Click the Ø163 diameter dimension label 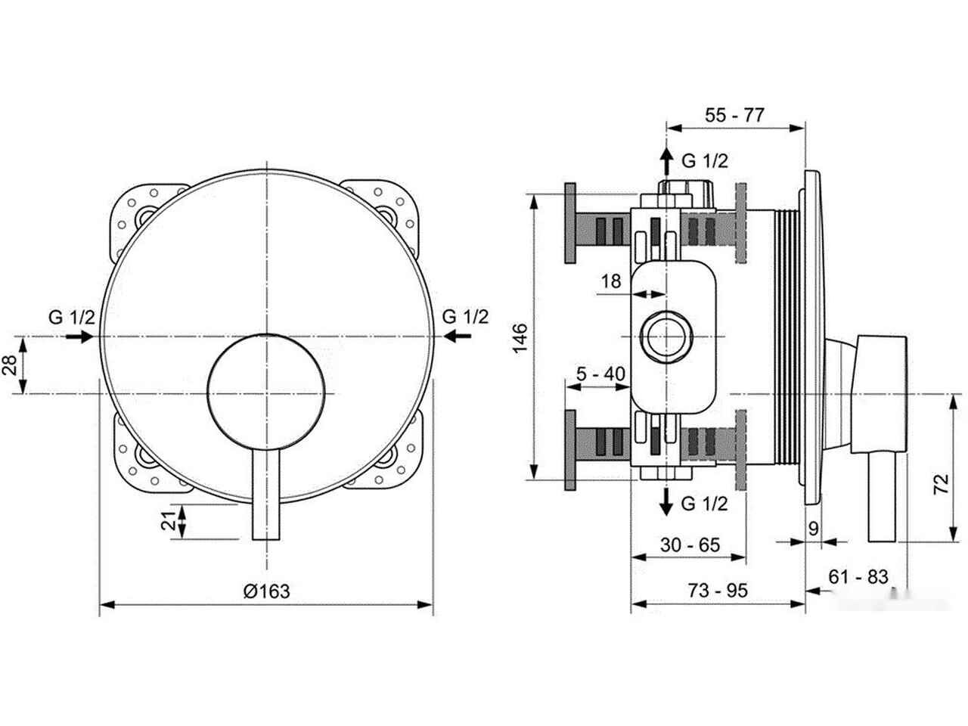tap(266, 591)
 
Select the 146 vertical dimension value tap(520, 337)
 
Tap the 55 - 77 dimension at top tap(734, 115)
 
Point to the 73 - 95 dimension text tap(718, 590)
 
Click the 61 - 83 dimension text tap(858, 576)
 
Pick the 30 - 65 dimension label tap(690, 544)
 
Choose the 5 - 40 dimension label tap(601, 374)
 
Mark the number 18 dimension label tap(611, 281)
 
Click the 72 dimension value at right tap(942, 484)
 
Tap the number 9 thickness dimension tap(814, 528)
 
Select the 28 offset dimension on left tap(10, 365)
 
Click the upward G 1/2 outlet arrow tap(666, 161)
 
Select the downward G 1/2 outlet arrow tap(666, 501)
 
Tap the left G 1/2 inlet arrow tap(79, 337)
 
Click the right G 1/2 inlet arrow tap(458, 337)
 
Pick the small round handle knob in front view tap(266, 392)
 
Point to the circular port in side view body tap(666, 337)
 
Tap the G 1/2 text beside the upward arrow tap(705, 161)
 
